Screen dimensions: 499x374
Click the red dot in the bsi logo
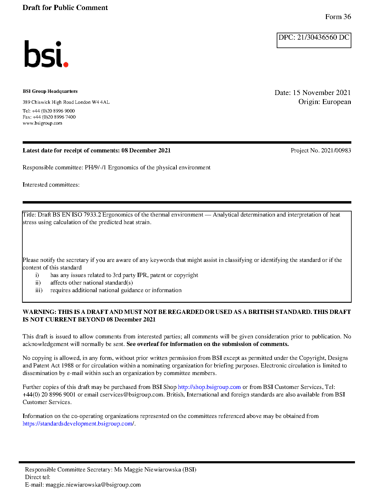coord(66,64)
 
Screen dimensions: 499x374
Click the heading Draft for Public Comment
coord(65,8)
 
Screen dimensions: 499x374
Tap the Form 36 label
coord(338,17)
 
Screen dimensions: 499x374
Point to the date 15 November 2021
coord(322,93)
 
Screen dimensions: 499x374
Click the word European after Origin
coord(337,102)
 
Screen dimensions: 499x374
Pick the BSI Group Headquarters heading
coord(50,91)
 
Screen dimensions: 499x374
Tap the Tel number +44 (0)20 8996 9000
coord(53,111)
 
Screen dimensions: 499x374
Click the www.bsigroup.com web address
coord(42,123)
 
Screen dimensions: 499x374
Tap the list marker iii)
coord(39,290)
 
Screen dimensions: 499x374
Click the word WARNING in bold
coord(39,312)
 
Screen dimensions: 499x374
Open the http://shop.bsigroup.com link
coord(209,387)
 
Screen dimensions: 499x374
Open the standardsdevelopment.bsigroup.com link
coord(78,424)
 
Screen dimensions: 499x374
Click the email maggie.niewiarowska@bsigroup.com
coord(93,485)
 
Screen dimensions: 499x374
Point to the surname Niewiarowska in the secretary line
coord(163,470)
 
